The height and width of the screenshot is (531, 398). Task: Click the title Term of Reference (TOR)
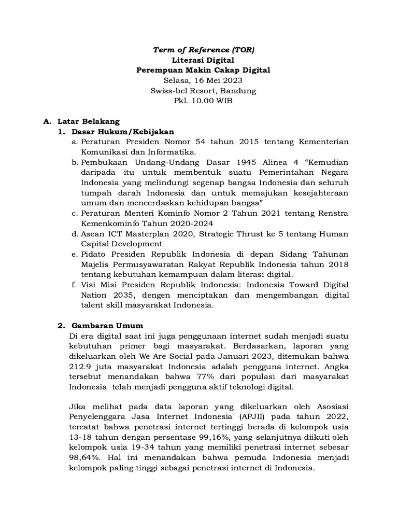click(x=203, y=49)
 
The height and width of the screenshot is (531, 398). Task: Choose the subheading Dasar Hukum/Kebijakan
click(x=123, y=132)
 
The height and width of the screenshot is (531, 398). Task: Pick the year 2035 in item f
click(x=124, y=295)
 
